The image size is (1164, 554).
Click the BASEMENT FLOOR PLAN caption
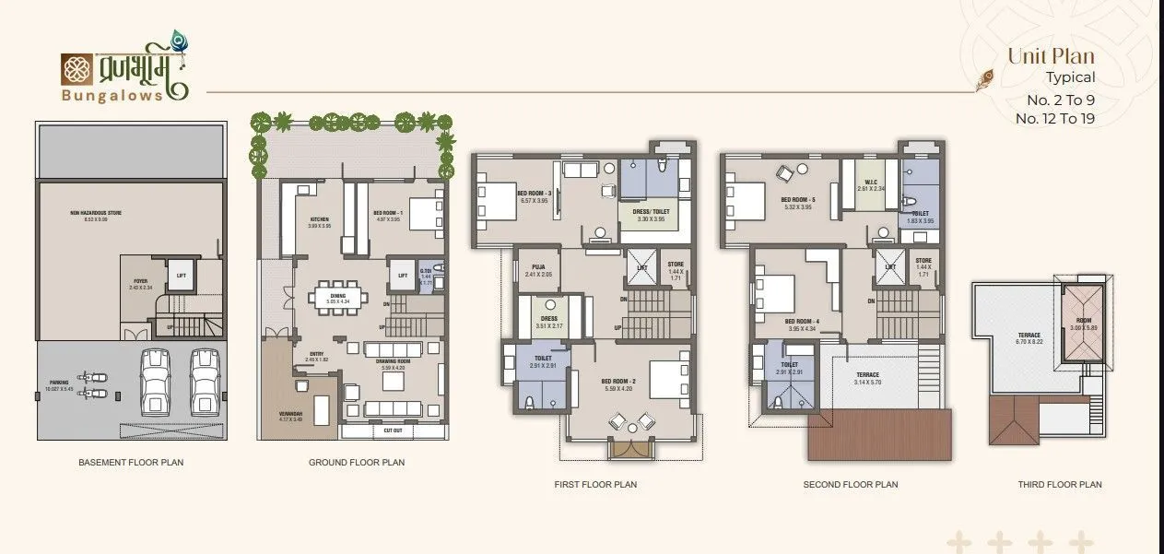(131, 462)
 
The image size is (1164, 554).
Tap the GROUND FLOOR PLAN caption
(357, 462)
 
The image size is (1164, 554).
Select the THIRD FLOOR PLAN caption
(1059, 484)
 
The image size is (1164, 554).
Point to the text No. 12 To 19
(1054, 118)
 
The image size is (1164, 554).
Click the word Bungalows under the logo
(113, 94)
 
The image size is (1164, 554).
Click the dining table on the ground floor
(338, 298)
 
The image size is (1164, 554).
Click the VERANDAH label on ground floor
(290, 414)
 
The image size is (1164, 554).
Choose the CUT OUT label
(393, 430)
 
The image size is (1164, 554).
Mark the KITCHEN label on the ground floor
(319, 219)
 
